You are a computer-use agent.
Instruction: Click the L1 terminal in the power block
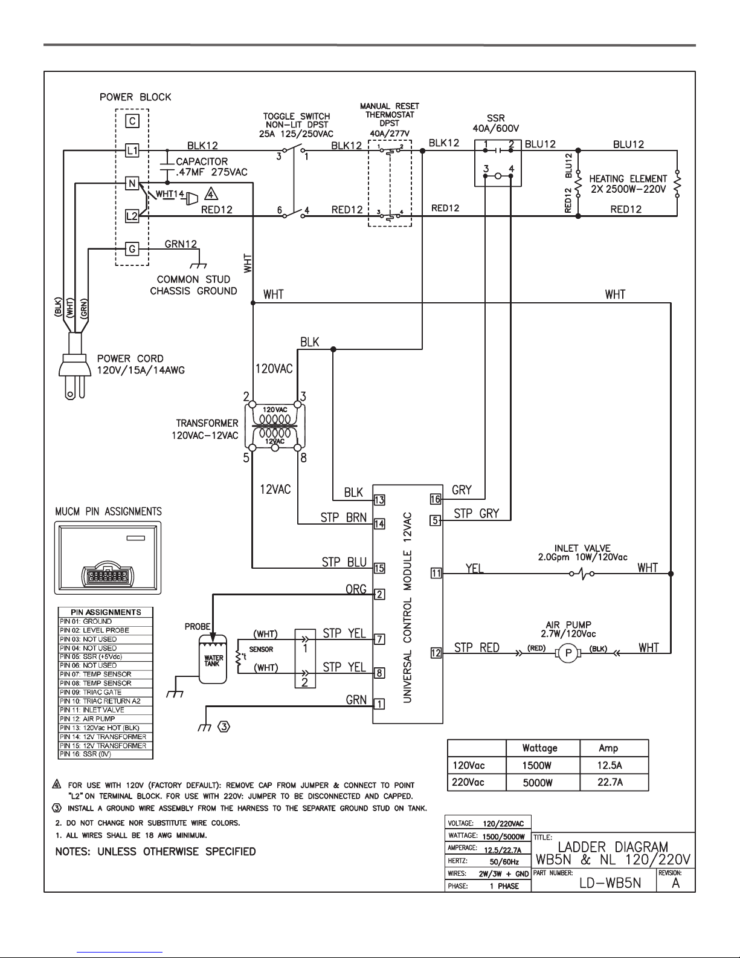click(132, 150)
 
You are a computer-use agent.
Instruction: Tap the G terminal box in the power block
click(132, 249)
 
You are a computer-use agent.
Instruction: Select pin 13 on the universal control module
click(379, 500)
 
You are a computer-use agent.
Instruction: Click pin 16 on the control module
click(436, 499)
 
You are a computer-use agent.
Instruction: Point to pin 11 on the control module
click(436, 574)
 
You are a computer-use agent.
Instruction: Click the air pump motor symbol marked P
click(568, 653)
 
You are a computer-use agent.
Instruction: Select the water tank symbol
click(213, 659)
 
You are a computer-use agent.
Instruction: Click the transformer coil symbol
click(275, 426)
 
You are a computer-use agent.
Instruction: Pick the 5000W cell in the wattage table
click(538, 783)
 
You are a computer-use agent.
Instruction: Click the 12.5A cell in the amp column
click(610, 765)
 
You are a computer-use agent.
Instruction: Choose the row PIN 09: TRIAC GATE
click(106, 692)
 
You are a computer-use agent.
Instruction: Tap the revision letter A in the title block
click(676, 883)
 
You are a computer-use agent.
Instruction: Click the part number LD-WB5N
click(610, 883)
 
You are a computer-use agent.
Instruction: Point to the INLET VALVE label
click(582, 548)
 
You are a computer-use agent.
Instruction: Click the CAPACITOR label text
click(202, 161)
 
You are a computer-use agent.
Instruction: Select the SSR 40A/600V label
click(496, 123)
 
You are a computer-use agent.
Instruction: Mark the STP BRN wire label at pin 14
click(344, 517)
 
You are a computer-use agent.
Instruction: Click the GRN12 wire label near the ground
click(181, 244)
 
